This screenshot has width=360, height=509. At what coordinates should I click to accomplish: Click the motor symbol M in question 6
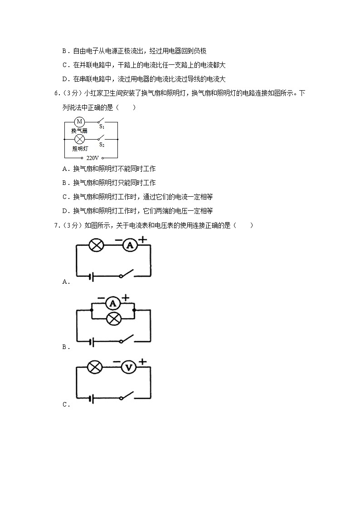79,121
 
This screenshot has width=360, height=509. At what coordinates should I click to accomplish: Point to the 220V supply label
92,158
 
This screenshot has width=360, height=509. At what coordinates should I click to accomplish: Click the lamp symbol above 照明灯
79,139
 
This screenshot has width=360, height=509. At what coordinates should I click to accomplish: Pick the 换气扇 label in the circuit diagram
79,131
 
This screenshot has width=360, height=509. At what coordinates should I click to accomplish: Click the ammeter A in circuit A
130,245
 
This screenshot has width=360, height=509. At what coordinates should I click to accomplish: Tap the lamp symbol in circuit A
96,245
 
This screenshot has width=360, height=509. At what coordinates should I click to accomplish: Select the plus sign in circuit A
143,239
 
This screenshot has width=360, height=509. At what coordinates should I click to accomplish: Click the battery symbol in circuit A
92,276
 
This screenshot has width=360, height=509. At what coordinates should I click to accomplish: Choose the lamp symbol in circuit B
113,319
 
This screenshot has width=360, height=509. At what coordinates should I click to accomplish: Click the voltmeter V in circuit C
129,368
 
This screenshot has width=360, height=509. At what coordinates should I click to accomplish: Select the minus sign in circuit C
117,362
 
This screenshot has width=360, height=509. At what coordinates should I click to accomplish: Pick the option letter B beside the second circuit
65,347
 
